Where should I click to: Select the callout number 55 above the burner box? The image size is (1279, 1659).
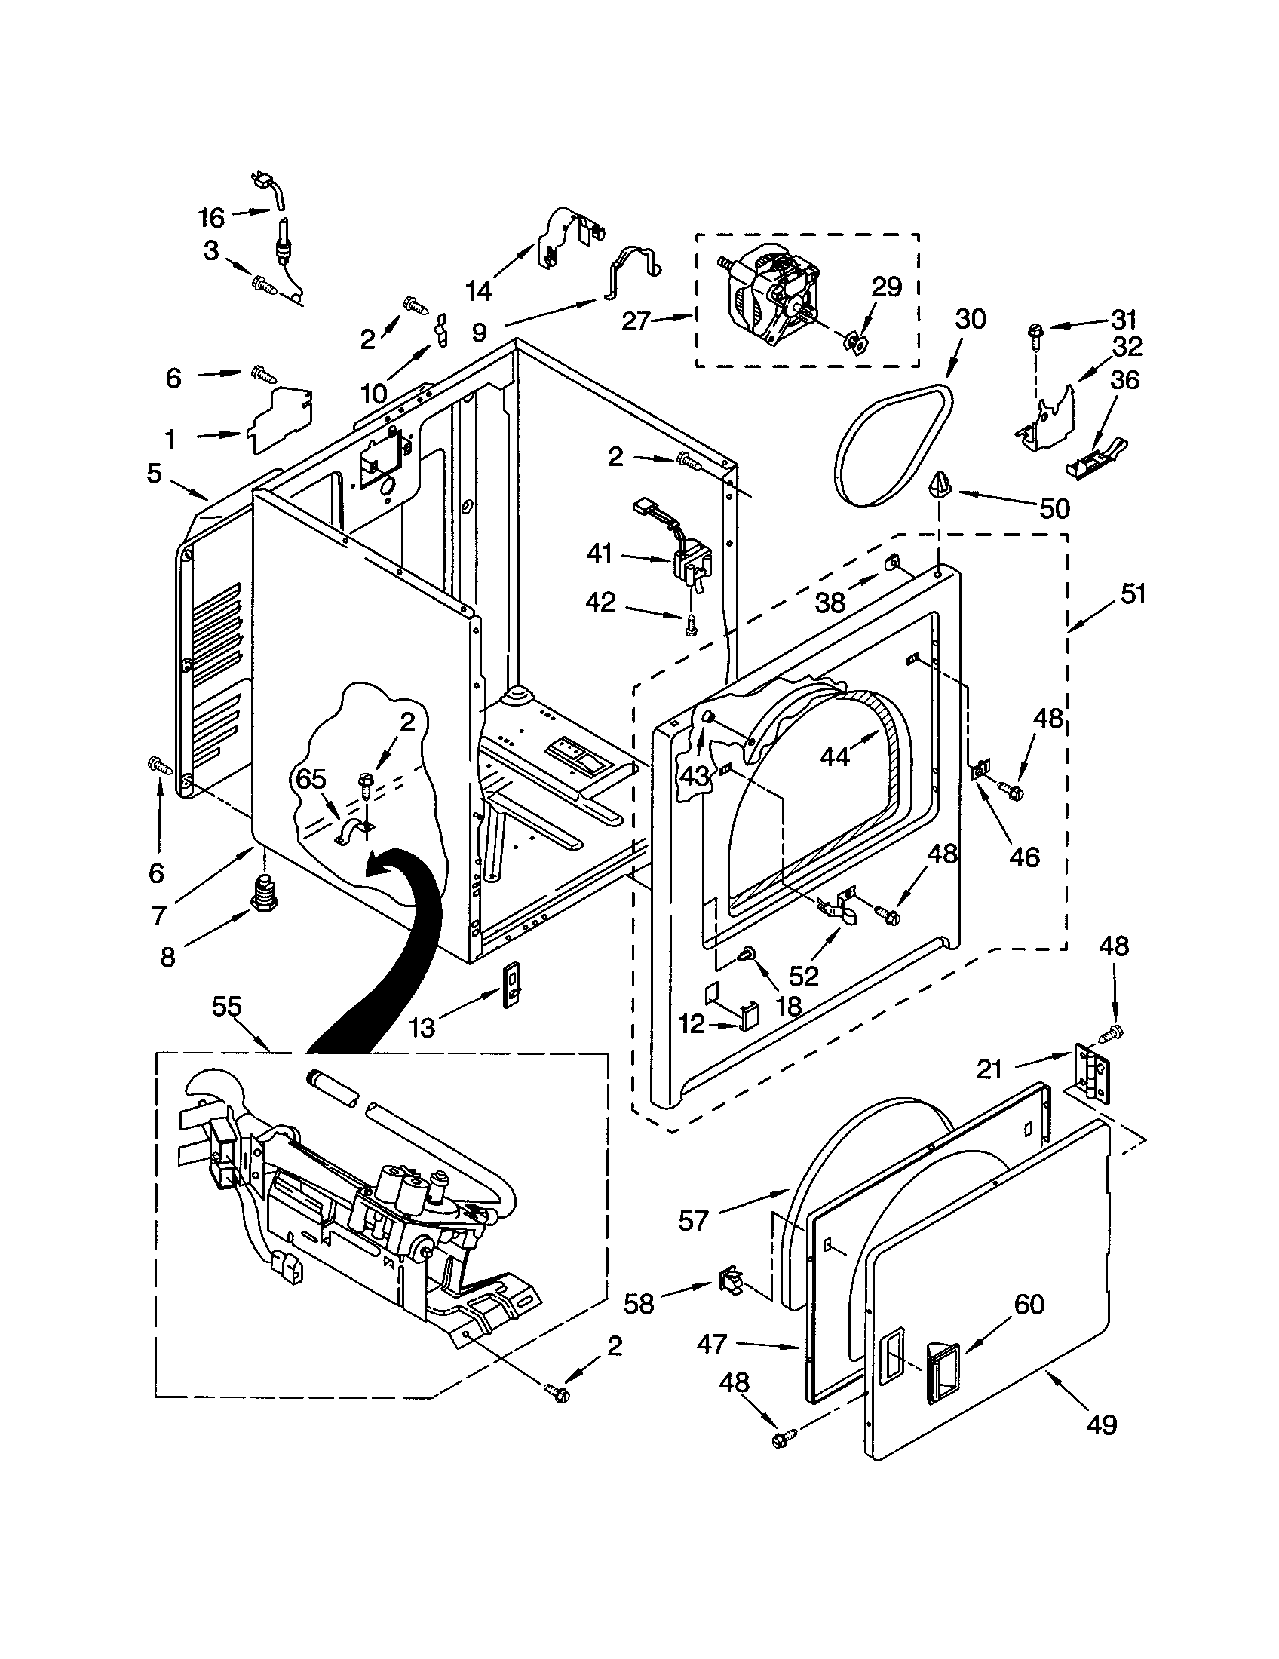pos(226,1007)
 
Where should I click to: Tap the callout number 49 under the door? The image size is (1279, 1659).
pos(1102,1424)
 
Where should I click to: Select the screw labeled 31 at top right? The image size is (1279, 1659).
pos(1035,332)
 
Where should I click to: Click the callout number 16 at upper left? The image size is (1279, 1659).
pos(212,218)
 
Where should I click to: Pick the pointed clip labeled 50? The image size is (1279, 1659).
pos(941,484)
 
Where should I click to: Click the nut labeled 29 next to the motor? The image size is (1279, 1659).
pos(854,341)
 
